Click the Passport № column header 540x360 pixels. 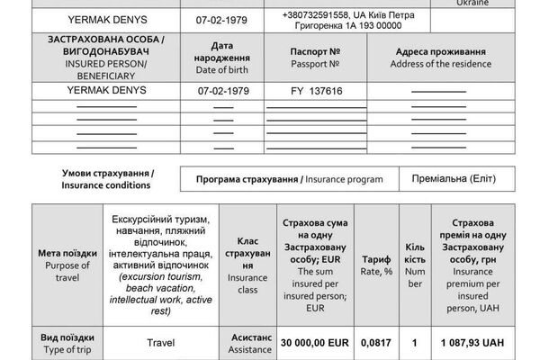click(x=302, y=58)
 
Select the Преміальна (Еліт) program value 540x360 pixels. click(x=456, y=178)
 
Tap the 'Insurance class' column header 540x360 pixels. click(x=247, y=260)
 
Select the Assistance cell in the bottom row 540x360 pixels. click(x=247, y=342)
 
